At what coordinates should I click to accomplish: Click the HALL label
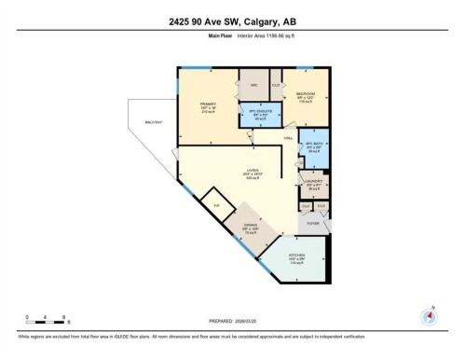pyautogui.click(x=290, y=136)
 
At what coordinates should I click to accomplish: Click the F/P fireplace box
pyautogui.click(x=217, y=205)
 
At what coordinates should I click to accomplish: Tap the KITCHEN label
pyautogui.click(x=297, y=256)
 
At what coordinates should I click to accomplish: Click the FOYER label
pyautogui.click(x=312, y=224)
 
